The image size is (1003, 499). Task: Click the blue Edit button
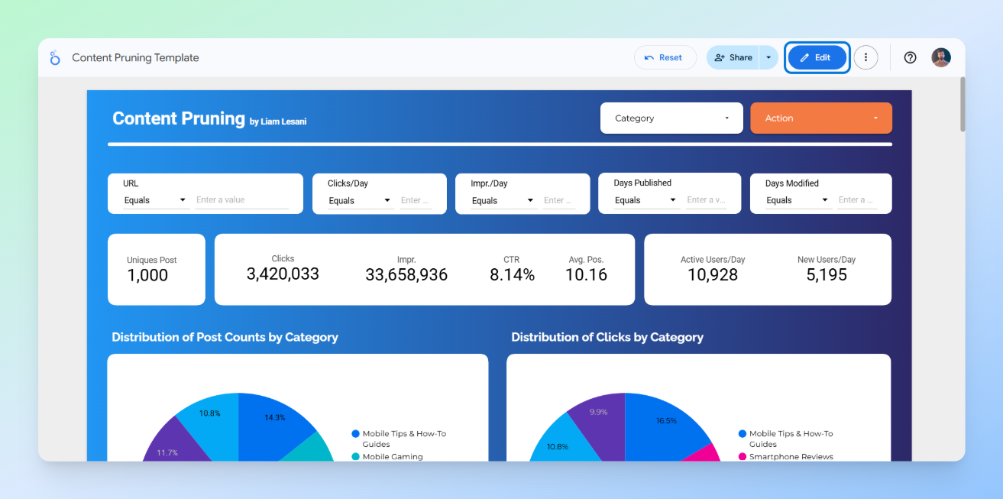coord(817,57)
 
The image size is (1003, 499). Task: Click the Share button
coord(733,57)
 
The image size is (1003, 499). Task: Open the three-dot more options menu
coord(865,57)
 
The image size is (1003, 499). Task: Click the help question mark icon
coord(910,57)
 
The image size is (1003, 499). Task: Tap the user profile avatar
coord(941,57)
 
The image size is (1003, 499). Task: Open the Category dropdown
coord(671,118)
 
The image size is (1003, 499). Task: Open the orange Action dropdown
coord(820,118)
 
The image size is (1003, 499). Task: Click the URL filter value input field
coord(241,200)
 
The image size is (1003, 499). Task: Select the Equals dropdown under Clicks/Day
coord(361,201)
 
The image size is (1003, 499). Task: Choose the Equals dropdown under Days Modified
coord(798,200)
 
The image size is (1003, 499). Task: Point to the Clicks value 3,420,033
coord(283,274)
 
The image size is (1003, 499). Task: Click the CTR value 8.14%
coord(512,275)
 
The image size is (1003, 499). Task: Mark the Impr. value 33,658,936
coord(406,275)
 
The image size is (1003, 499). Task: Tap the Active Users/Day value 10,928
coord(712,275)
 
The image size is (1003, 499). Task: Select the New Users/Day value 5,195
coord(827,275)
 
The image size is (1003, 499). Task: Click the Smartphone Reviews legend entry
coord(790,457)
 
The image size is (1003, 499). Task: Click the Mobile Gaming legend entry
coord(391,457)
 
